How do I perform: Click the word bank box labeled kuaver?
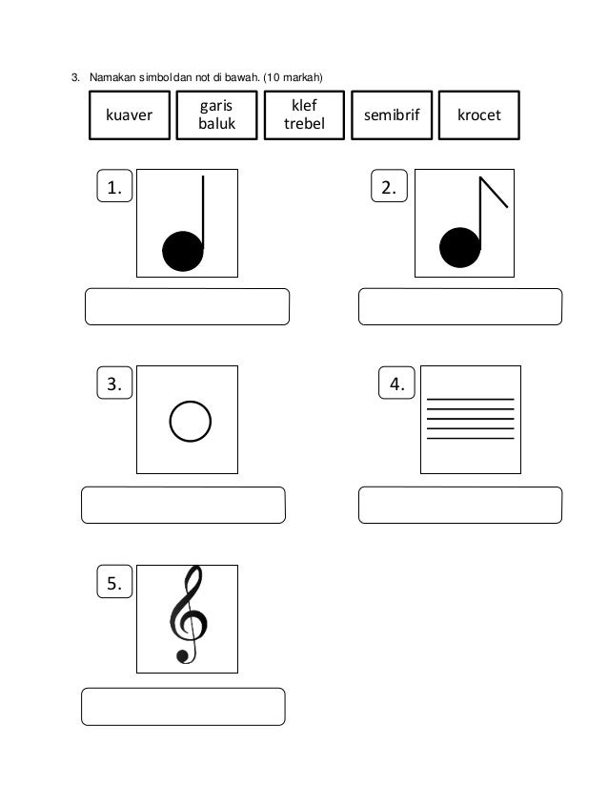[x=130, y=116]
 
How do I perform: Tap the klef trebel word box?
[x=304, y=115]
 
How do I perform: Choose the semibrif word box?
[x=391, y=116]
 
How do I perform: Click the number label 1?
[x=114, y=189]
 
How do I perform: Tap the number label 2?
[x=389, y=189]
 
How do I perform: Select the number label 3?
[x=114, y=384]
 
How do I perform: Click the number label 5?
[x=114, y=583]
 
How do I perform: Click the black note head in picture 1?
[x=182, y=251]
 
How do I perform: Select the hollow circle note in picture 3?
[x=189, y=421]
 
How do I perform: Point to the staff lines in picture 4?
[x=471, y=419]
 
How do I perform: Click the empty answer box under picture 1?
[x=188, y=307]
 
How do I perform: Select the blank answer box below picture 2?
[x=459, y=307]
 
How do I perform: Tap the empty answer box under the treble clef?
[x=184, y=707]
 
